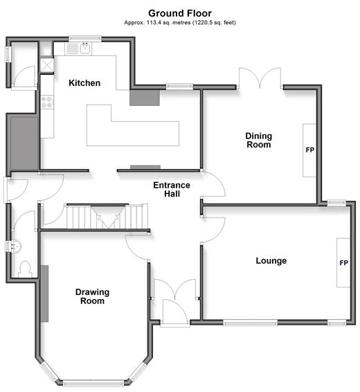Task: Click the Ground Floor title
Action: pos(180,13)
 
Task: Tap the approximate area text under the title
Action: pos(180,22)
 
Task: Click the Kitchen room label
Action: pos(84,82)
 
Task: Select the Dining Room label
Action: pos(258,141)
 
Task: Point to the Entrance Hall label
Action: pos(172,189)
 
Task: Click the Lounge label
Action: pos(271,260)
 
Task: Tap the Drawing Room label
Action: pos(92,296)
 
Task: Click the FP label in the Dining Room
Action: pos(309,150)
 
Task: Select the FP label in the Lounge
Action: pos(343,263)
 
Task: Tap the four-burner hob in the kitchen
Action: pos(47,102)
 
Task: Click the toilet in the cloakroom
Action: pos(25,269)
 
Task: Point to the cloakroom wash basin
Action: pos(15,247)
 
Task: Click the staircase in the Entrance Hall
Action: pos(107,217)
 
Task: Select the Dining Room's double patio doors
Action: pos(260,78)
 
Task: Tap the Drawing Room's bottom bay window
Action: pos(93,383)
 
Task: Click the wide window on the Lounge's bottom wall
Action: pos(250,323)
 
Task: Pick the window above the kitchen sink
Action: pos(85,39)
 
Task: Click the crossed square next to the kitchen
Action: pos(47,65)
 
